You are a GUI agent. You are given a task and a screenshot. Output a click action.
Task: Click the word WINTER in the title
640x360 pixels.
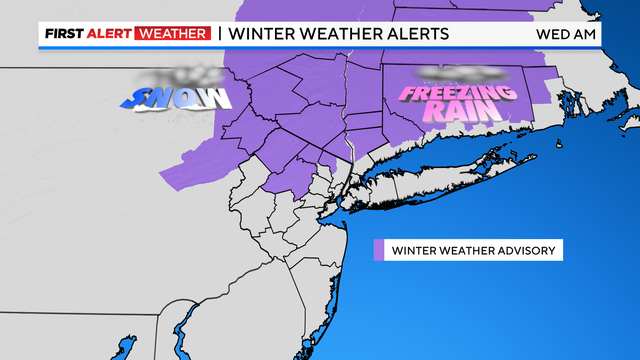tap(263, 33)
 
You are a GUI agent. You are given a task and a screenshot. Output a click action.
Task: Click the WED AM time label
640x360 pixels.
tap(568, 33)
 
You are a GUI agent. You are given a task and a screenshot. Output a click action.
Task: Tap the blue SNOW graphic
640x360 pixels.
tap(180, 97)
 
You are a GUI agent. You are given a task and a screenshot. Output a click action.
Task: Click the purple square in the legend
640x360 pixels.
tap(379, 249)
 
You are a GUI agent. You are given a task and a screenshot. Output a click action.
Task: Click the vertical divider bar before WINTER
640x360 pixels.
tap(219, 33)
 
